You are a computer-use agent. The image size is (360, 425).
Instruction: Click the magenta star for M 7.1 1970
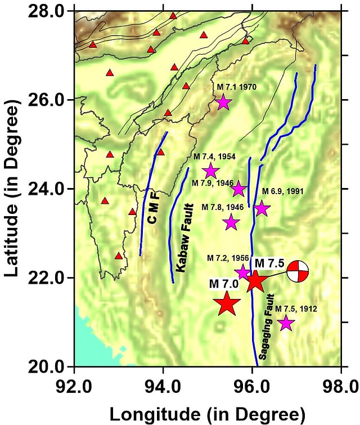pyautogui.click(x=223, y=102)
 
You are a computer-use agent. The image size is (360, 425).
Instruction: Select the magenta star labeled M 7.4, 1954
pyautogui.click(x=211, y=171)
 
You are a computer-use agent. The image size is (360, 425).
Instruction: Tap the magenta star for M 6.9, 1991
pyautogui.click(x=262, y=208)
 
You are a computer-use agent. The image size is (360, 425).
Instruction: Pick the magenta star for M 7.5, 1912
pyautogui.click(x=286, y=323)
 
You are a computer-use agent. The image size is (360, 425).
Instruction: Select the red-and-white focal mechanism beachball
pyautogui.click(x=298, y=272)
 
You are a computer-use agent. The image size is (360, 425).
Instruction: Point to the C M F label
pyautogui.click(x=154, y=208)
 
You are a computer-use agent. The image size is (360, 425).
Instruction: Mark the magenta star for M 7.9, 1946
pyautogui.click(x=239, y=189)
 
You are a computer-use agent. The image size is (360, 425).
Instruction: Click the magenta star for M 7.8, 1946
pyautogui.click(x=231, y=222)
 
